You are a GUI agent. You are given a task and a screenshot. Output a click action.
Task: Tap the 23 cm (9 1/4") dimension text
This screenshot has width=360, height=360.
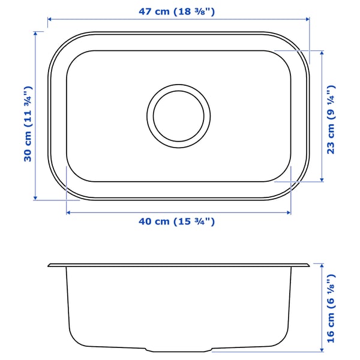pos(331,120)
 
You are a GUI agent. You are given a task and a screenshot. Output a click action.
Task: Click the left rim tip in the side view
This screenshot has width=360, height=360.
pos(49,264)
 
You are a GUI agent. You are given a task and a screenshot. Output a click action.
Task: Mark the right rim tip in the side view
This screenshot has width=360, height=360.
pos(309,264)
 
